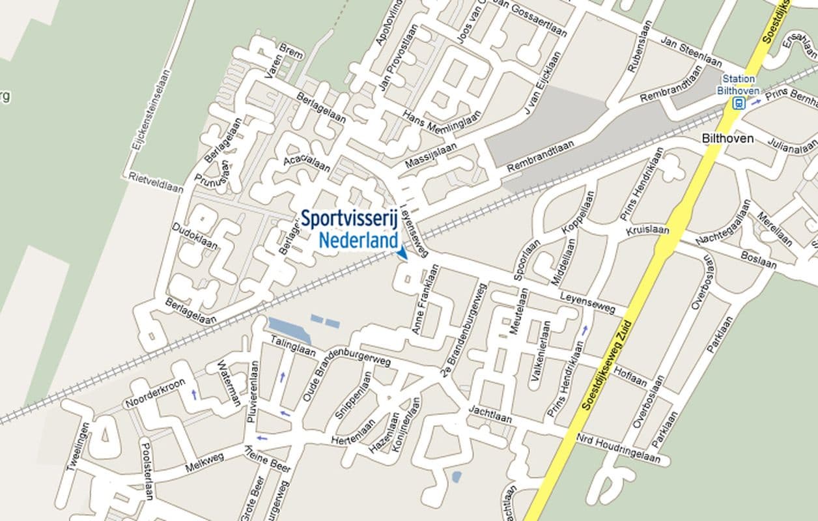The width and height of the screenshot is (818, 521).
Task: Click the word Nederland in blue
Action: point(358,241)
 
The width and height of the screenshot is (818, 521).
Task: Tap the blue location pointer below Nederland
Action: point(402,253)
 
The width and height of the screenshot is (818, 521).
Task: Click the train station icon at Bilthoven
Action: point(739,104)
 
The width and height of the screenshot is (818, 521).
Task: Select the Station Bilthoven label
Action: point(739,85)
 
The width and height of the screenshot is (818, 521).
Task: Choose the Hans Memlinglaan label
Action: point(442,123)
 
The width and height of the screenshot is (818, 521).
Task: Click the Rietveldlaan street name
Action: point(156,182)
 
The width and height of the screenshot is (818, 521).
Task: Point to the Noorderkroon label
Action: point(155,393)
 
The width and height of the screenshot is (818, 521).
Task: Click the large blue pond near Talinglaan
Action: point(289,330)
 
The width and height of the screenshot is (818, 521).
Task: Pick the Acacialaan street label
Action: point(307,164)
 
